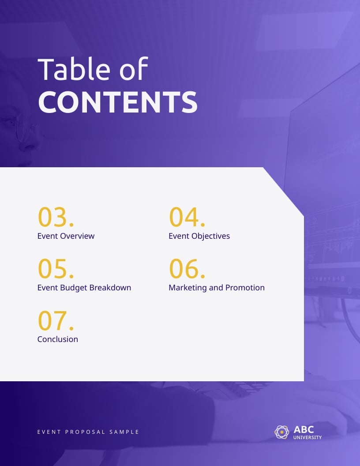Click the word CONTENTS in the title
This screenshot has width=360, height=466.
tap(117, 102)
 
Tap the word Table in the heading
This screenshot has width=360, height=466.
tap(74, 69)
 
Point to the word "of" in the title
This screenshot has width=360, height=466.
tap(134, 69)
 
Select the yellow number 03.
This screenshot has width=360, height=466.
tap(56, 217)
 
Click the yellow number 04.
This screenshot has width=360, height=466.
tap(187, 217)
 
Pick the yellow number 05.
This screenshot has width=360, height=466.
tap(56, 269)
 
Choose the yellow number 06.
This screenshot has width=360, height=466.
tap(187, 269)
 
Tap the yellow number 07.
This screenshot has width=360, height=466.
tap(56, 320)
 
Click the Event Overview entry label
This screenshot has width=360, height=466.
tap(66, 236)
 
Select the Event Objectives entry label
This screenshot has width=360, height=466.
tap(199, 236)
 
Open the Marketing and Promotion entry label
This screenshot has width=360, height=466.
tap(216, 288)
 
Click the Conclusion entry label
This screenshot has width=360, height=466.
tap(58, 339)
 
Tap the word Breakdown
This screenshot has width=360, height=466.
tap(110, 288)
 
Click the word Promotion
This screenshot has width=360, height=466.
tap(245, 288)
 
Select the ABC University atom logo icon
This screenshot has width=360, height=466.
tap(282, 432)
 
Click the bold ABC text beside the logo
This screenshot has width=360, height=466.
tap(304, 429)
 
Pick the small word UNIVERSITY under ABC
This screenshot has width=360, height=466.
tap(307, 438)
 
